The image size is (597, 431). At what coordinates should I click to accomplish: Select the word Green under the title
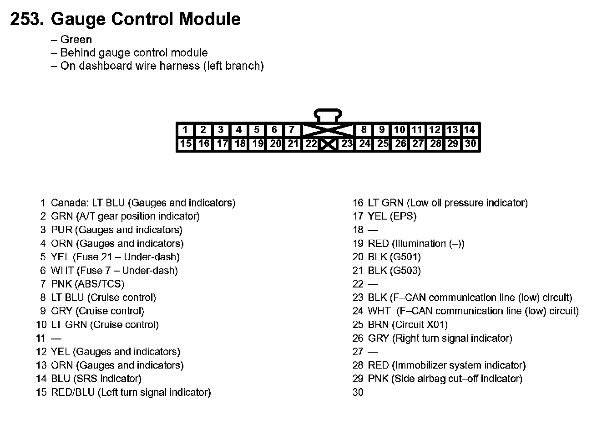pyautogui.click(x=76, y=40)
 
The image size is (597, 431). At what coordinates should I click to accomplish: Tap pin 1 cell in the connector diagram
pyautogui.click(x=185, y=130)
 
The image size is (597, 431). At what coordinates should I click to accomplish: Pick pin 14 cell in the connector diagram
pyautogui.click(x=470, y=130)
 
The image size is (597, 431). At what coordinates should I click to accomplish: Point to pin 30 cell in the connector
pyautogui.click(x=471, y=144)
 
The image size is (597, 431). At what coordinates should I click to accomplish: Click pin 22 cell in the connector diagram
pyautogui.click(x=311, y=144)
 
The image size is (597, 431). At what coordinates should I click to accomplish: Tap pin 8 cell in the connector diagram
pyautogui.click(x=364, y=130)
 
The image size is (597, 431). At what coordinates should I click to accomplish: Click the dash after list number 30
pyautogui.click(x=373, y=393)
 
